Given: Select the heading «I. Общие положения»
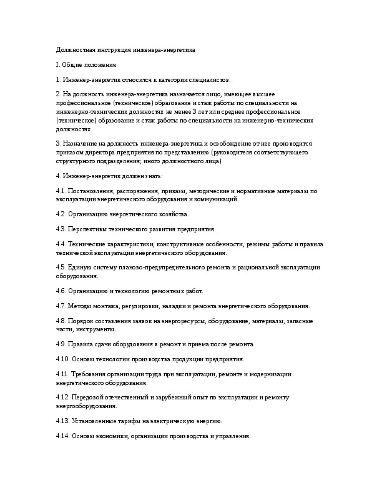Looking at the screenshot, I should [85, 64].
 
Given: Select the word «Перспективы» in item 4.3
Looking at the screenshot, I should [87, 229].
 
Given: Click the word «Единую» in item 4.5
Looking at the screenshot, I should [79, 267].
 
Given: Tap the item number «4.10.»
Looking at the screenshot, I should [62, 359].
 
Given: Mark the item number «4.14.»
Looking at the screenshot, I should [62, 436].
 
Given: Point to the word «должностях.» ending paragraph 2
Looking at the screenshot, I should [74, 129].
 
